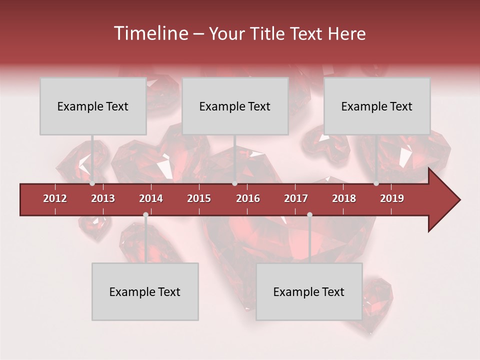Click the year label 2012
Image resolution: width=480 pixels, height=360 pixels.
[55, 198]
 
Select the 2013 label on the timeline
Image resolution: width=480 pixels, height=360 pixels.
[103, 198]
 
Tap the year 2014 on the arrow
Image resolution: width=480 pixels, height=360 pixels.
[151, 198]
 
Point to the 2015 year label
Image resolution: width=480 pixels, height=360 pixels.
[199, 198]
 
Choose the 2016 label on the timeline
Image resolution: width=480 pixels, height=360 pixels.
[248, 198]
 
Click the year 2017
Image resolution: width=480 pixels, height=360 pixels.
[296, 198]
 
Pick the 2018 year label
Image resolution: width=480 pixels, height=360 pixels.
[344, 198]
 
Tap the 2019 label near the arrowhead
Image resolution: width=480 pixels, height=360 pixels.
[392, 198]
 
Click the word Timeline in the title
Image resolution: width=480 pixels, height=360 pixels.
[149, 33]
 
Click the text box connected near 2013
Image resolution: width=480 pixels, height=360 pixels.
[93, 106]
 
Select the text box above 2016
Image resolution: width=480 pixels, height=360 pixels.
[235, 106]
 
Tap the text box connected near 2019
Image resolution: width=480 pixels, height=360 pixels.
[377, 106]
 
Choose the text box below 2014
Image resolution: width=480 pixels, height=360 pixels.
[145, 291]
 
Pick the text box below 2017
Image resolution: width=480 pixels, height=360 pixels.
[309, 291]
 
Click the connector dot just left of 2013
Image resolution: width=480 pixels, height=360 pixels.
[92, 183]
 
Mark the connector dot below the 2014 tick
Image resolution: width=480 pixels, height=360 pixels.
[145, 215]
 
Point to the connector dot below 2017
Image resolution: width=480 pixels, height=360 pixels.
[309, 215]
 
